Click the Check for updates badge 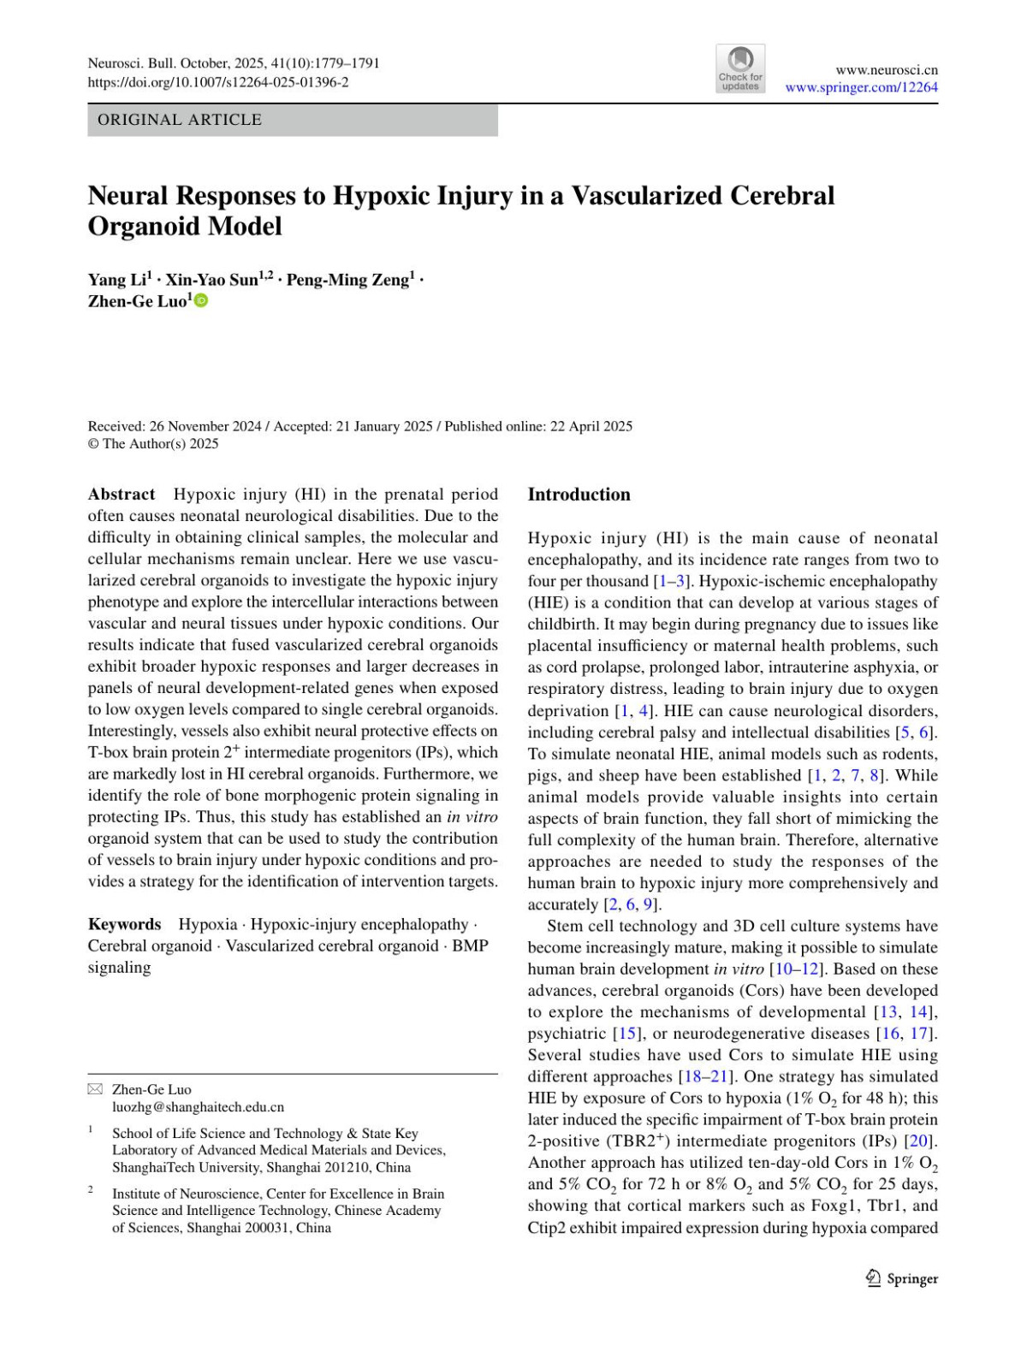click(x=740, y=69)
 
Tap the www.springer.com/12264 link click(x=861, y=87)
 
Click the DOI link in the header click(x=218, y=82)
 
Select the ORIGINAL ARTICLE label click(x=180, y=120)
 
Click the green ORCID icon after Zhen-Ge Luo click(x=202, y=301)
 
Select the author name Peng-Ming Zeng click(x=347, y=280)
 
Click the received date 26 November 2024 click(x=205, y=426)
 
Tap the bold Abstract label click(x=122, y=495)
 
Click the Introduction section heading click(x=579, y=495)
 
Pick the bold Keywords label click(x=124, y=924)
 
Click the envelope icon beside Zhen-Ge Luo click(x=95, y=1089)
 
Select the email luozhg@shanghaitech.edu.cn click(x=198, y=1106)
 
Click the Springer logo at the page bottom click(x=902, y=1278)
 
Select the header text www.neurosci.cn click(x=887, y=70)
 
